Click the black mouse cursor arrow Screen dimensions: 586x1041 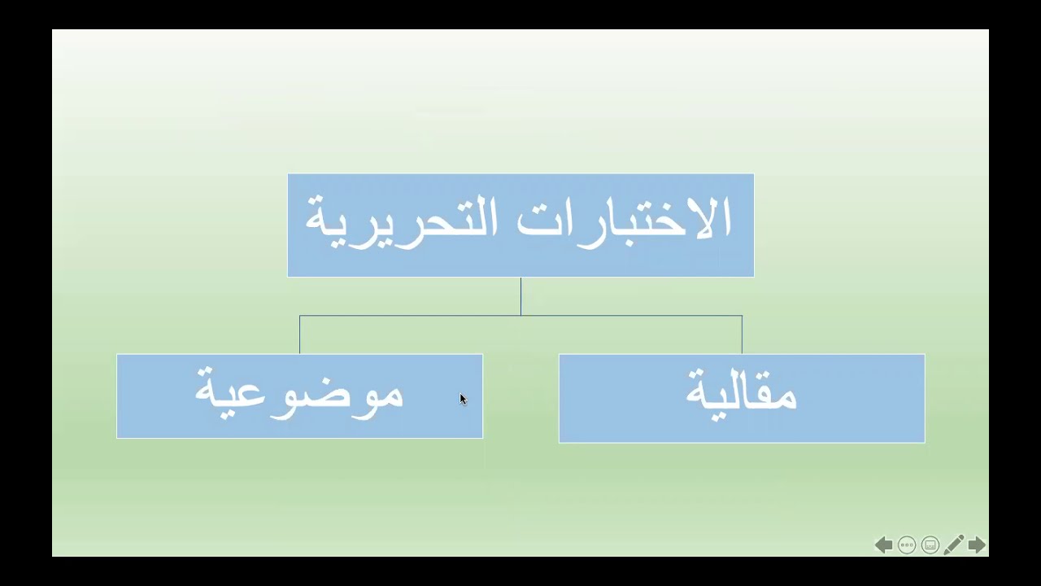pyautogui.click(x=463, y=399)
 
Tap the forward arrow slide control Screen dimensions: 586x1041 pyautogui.click(x=977, y=545)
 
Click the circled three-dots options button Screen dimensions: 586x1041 pyautogui.click(x=907, y=545)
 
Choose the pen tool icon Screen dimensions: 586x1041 pyautogui.click(x=954, y=544)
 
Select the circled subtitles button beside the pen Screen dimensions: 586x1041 pyautogui.click(x=930, y=545)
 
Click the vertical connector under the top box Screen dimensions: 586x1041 pyautogui.click(x=520, y=295)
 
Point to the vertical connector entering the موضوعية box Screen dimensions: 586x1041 pyautogui.click(x=299, y=335)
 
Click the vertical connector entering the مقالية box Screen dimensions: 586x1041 pyautogui.click(x=742, y=335)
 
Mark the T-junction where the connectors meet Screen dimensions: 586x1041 pyautogui.click(x=520, y=316)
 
